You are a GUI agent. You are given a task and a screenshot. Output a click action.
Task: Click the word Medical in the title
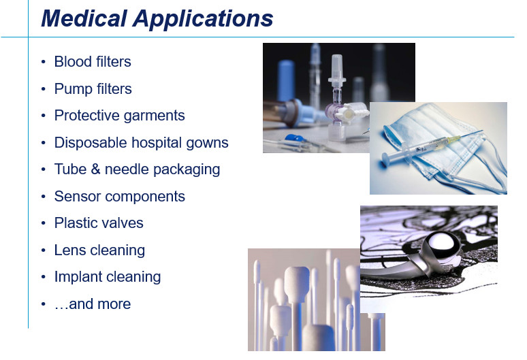[84, 18]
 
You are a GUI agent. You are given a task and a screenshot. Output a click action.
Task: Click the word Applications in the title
[203, 20]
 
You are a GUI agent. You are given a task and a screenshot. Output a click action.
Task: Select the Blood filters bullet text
[93, 62]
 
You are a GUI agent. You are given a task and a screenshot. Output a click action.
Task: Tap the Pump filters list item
[93, 89]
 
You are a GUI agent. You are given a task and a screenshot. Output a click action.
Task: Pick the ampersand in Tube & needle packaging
[96, 169]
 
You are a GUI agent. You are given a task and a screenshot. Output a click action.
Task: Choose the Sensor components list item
[120, 197]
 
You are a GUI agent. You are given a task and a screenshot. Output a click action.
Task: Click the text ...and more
[93, 304]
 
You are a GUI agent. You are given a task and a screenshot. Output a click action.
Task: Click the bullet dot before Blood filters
[43, 62]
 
